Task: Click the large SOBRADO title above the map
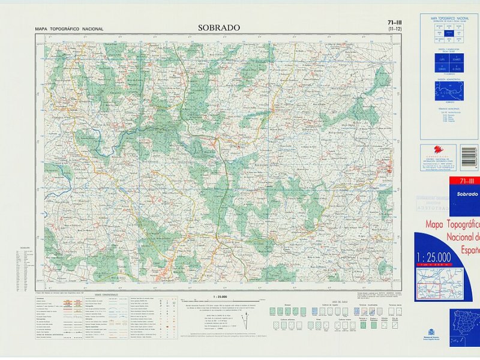coord(218,28)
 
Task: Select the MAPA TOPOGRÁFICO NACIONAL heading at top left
coord(69,29)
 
